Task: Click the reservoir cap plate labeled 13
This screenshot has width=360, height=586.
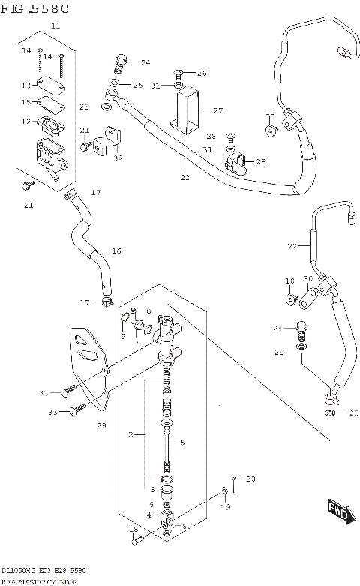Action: pos(50,84)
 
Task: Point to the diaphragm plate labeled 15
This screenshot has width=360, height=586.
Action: pos(49,103)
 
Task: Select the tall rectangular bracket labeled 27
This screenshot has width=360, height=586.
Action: pos(187,107)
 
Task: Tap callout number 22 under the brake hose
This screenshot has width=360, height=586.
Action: pos(184,178)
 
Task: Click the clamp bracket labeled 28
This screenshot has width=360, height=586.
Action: pos(237,161)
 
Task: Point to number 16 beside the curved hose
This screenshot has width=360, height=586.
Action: pos(116,251)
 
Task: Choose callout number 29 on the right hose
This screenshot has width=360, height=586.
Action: pos(292,245)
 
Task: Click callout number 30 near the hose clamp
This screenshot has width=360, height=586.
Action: pos(308,279)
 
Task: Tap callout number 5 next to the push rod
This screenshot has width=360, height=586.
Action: pos(181,443)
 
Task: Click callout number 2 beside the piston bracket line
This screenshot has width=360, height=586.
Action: pos(130,434)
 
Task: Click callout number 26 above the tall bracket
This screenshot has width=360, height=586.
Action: pos(200,73)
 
